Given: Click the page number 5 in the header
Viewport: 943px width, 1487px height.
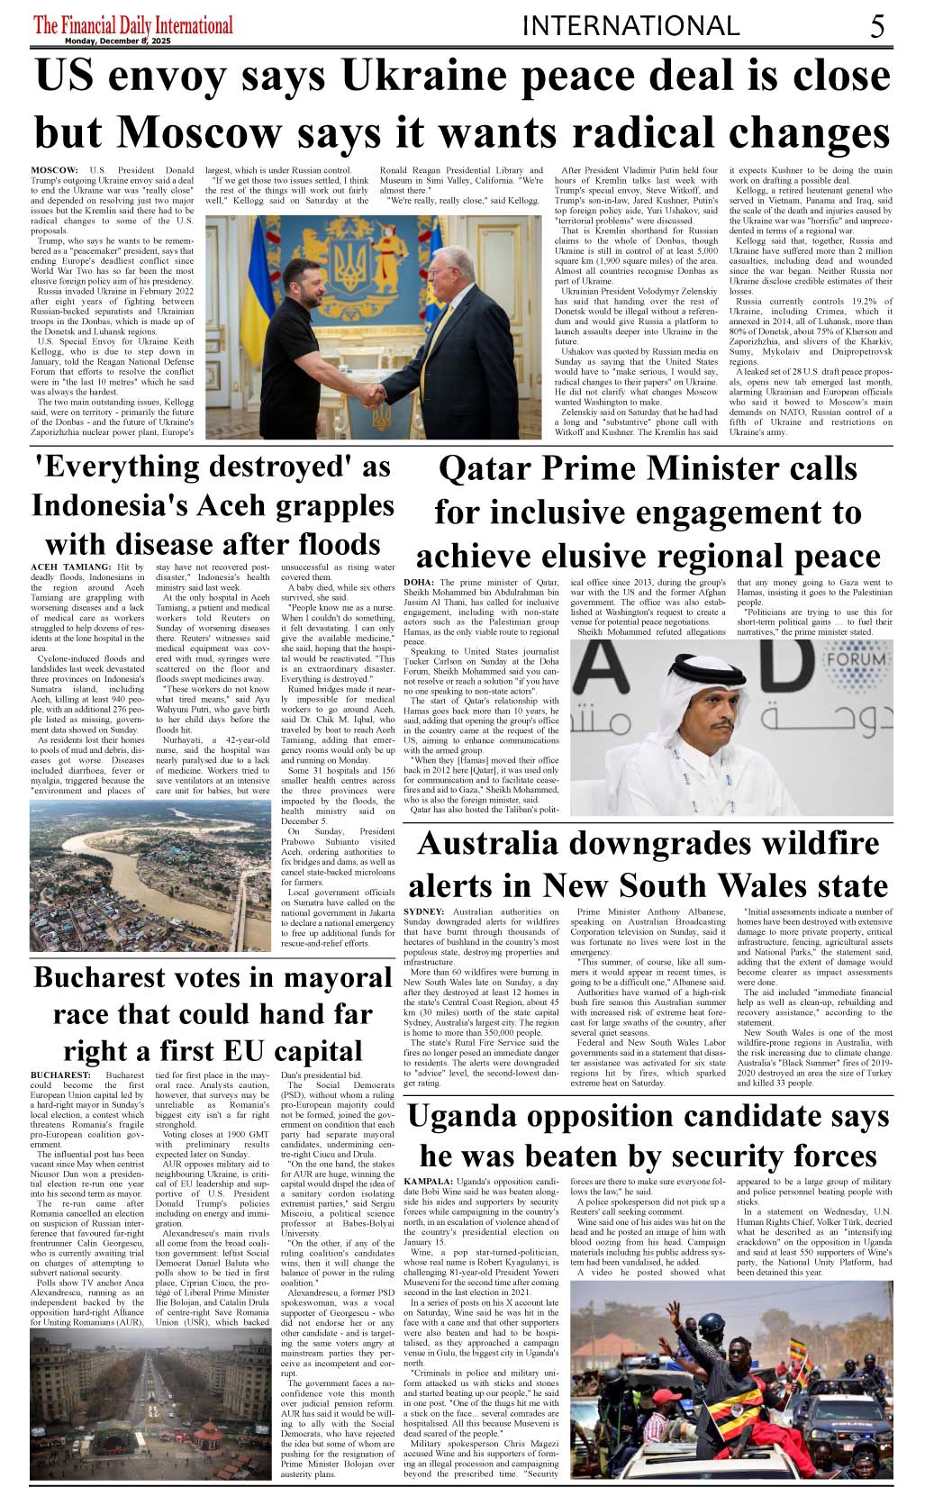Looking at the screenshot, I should pyautogui.click(x=876, y=26).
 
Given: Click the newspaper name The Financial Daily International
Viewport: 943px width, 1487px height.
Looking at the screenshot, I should pyautogui.click(x=132, y=24).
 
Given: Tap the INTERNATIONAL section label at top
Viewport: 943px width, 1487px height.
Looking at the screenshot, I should pyautogui.click(x=630, y=26).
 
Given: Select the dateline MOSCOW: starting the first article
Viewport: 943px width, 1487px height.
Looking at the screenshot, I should pyautogui.click(x=54, y=170).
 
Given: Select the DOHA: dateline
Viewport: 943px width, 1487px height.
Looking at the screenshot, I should pyautogui.click(x=420, y=583).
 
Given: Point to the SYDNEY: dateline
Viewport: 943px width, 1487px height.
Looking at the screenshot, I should pyautogui.click(x=424, y=912).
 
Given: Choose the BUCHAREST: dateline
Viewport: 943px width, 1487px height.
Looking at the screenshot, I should pyautogui.click(x=60, y=1075).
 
